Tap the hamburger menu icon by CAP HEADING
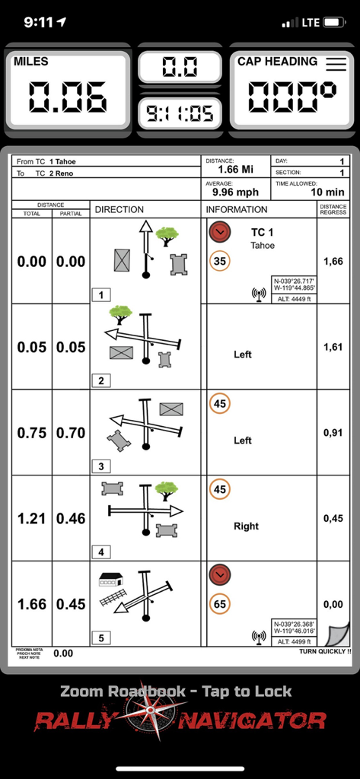[x=336, y=64]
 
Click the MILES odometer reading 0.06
[x=68, y=97]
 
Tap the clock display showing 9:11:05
[x=180, y=114]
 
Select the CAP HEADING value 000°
[x=292, y=97]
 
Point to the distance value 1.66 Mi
[x=236, y=169]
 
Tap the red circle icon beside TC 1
[x=220, y=231]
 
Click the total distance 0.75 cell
[x=32, y=433]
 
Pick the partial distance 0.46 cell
[x=72, y=519]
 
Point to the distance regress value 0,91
[x=333, y=433]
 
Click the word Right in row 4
[x=246, y=526]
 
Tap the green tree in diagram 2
[x=119, y=312]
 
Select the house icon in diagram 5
[x=110, y=580]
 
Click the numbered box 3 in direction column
[x=100, y=466]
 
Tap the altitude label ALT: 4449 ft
[x=292, y=299]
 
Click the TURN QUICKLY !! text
[x=324, y=651]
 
